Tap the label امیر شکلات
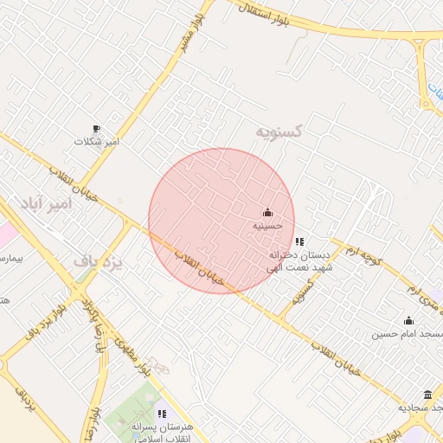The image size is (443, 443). click(96, 140)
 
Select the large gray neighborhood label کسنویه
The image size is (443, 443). click(279, 131)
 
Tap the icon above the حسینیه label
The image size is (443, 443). click(267, 213)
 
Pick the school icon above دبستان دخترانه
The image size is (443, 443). click(299, 241)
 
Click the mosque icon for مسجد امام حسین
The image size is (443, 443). click(408, 320)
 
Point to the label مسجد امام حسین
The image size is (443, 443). click(408, 333)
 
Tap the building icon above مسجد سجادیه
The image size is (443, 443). click(427, 395)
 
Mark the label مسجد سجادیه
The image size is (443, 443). click(420, 407)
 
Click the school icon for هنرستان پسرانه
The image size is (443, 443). click(163, 414)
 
